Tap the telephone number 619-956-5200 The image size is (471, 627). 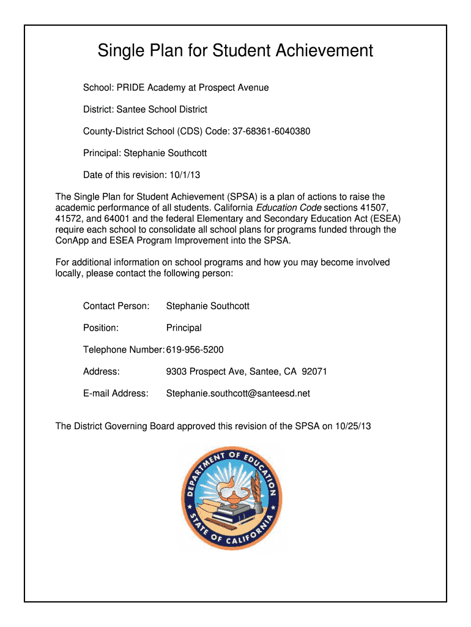(195, 350)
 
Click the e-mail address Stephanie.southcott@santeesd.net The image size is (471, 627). (238, 393)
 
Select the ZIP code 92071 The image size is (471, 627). (314, 372)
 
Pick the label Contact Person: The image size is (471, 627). (116, 306)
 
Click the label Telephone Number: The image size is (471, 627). (124, 350)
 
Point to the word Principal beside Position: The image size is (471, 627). (184, 328)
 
